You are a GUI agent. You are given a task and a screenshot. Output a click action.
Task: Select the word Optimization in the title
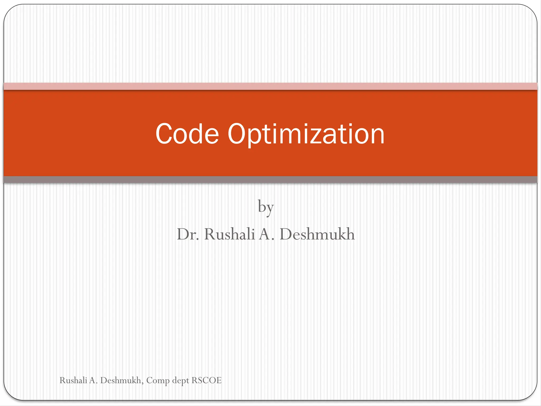click(306, 134)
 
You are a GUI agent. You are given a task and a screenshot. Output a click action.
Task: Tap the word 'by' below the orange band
click(266, 207)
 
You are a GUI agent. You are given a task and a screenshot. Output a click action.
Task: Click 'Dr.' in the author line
click(188, 234)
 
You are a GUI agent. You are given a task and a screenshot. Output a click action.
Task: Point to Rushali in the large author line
click(229, 234)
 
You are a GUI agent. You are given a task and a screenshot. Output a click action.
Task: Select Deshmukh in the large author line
click(317, 234)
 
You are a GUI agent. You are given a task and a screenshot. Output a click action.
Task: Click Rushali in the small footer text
click(73, 380)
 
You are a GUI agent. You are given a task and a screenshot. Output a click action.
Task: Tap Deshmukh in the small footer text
click(120, 380)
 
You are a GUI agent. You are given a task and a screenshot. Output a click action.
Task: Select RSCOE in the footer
click(206, 380)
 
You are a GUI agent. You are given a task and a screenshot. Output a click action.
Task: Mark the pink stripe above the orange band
click(270, 86)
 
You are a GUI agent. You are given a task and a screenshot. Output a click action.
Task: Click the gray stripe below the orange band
click(270, 179)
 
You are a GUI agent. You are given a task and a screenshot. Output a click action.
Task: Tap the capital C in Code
click(164, 134)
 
